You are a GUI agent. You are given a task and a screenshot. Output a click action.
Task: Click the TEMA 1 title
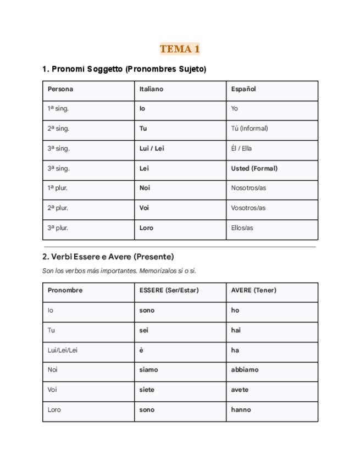[180, 49]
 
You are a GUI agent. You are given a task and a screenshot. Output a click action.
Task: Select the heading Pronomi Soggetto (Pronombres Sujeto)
[124, 69]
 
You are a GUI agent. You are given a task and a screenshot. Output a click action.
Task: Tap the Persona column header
[60, 89]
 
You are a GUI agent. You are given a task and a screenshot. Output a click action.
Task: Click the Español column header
[243, 89]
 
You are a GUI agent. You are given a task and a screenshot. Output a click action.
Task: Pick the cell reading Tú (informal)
[250, 129]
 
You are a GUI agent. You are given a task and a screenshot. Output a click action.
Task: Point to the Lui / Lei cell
[152, 148]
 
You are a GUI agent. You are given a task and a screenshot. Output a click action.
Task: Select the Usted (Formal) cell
[254, 168]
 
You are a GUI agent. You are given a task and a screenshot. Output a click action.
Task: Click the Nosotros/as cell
[248, 188]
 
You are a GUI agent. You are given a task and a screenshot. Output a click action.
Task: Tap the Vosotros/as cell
[248, 208]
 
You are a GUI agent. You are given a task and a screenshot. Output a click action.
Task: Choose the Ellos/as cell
[242, 228]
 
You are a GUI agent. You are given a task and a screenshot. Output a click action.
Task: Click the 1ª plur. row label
[58, 188]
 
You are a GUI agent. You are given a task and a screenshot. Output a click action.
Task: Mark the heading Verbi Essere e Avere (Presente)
[108, 257]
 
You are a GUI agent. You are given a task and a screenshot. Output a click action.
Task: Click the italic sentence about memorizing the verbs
[119, 271]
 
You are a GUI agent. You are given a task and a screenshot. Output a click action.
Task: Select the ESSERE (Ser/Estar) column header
[169, 290]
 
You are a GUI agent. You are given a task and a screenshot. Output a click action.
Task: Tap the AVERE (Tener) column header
[253, 290]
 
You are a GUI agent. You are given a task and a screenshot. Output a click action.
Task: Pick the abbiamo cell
[245, 370]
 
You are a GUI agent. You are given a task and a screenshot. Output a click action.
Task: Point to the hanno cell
[241, 409]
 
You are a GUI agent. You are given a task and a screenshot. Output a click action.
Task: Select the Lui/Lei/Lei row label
[62, 350]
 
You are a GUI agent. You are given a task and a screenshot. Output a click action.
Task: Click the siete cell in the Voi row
[147, 390]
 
